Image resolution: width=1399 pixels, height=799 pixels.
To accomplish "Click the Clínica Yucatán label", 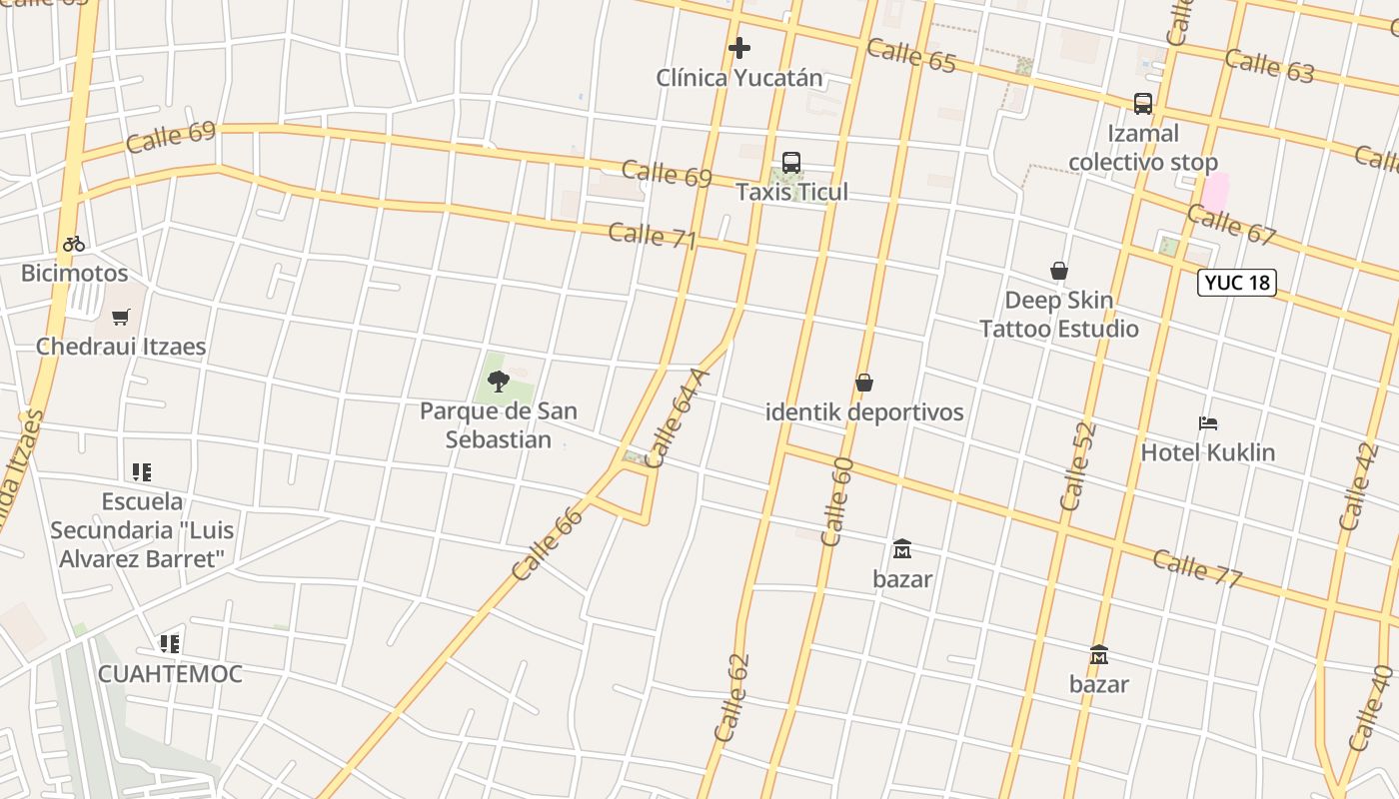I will tap(739, 78).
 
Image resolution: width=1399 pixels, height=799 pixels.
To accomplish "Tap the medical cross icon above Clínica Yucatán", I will tap(739, 47).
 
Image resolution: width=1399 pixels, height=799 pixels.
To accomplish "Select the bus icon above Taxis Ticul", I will tap(791, 162).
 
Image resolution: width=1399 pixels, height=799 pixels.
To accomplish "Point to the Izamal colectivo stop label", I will tap(1143, 148).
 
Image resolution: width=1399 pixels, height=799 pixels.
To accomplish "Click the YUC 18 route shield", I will tap(1237, 283).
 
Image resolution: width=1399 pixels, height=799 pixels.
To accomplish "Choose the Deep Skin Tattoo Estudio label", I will tap(1059, 315).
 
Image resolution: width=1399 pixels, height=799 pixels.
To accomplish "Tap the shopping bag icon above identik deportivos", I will tap(864, 383).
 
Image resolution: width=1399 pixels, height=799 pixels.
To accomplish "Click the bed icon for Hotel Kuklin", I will tap(1208, 423).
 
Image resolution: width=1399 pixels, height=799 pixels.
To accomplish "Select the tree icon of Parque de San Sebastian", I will tap(499, 381).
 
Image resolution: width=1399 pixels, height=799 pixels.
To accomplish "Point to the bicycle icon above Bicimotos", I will tap(74, 243).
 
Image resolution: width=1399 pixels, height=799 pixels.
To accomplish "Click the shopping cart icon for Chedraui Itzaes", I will tap(121, 318).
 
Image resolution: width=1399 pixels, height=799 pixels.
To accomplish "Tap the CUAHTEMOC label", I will tap(170, 674).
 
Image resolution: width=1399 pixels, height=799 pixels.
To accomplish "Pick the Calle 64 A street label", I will tap(678, 418).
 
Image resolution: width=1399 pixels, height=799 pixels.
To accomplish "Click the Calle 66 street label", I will tap(547, 544).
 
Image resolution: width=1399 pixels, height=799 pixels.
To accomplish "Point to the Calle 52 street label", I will tap(1078, 466).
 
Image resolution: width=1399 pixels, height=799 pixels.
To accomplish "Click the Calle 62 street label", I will tap(731, 697).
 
